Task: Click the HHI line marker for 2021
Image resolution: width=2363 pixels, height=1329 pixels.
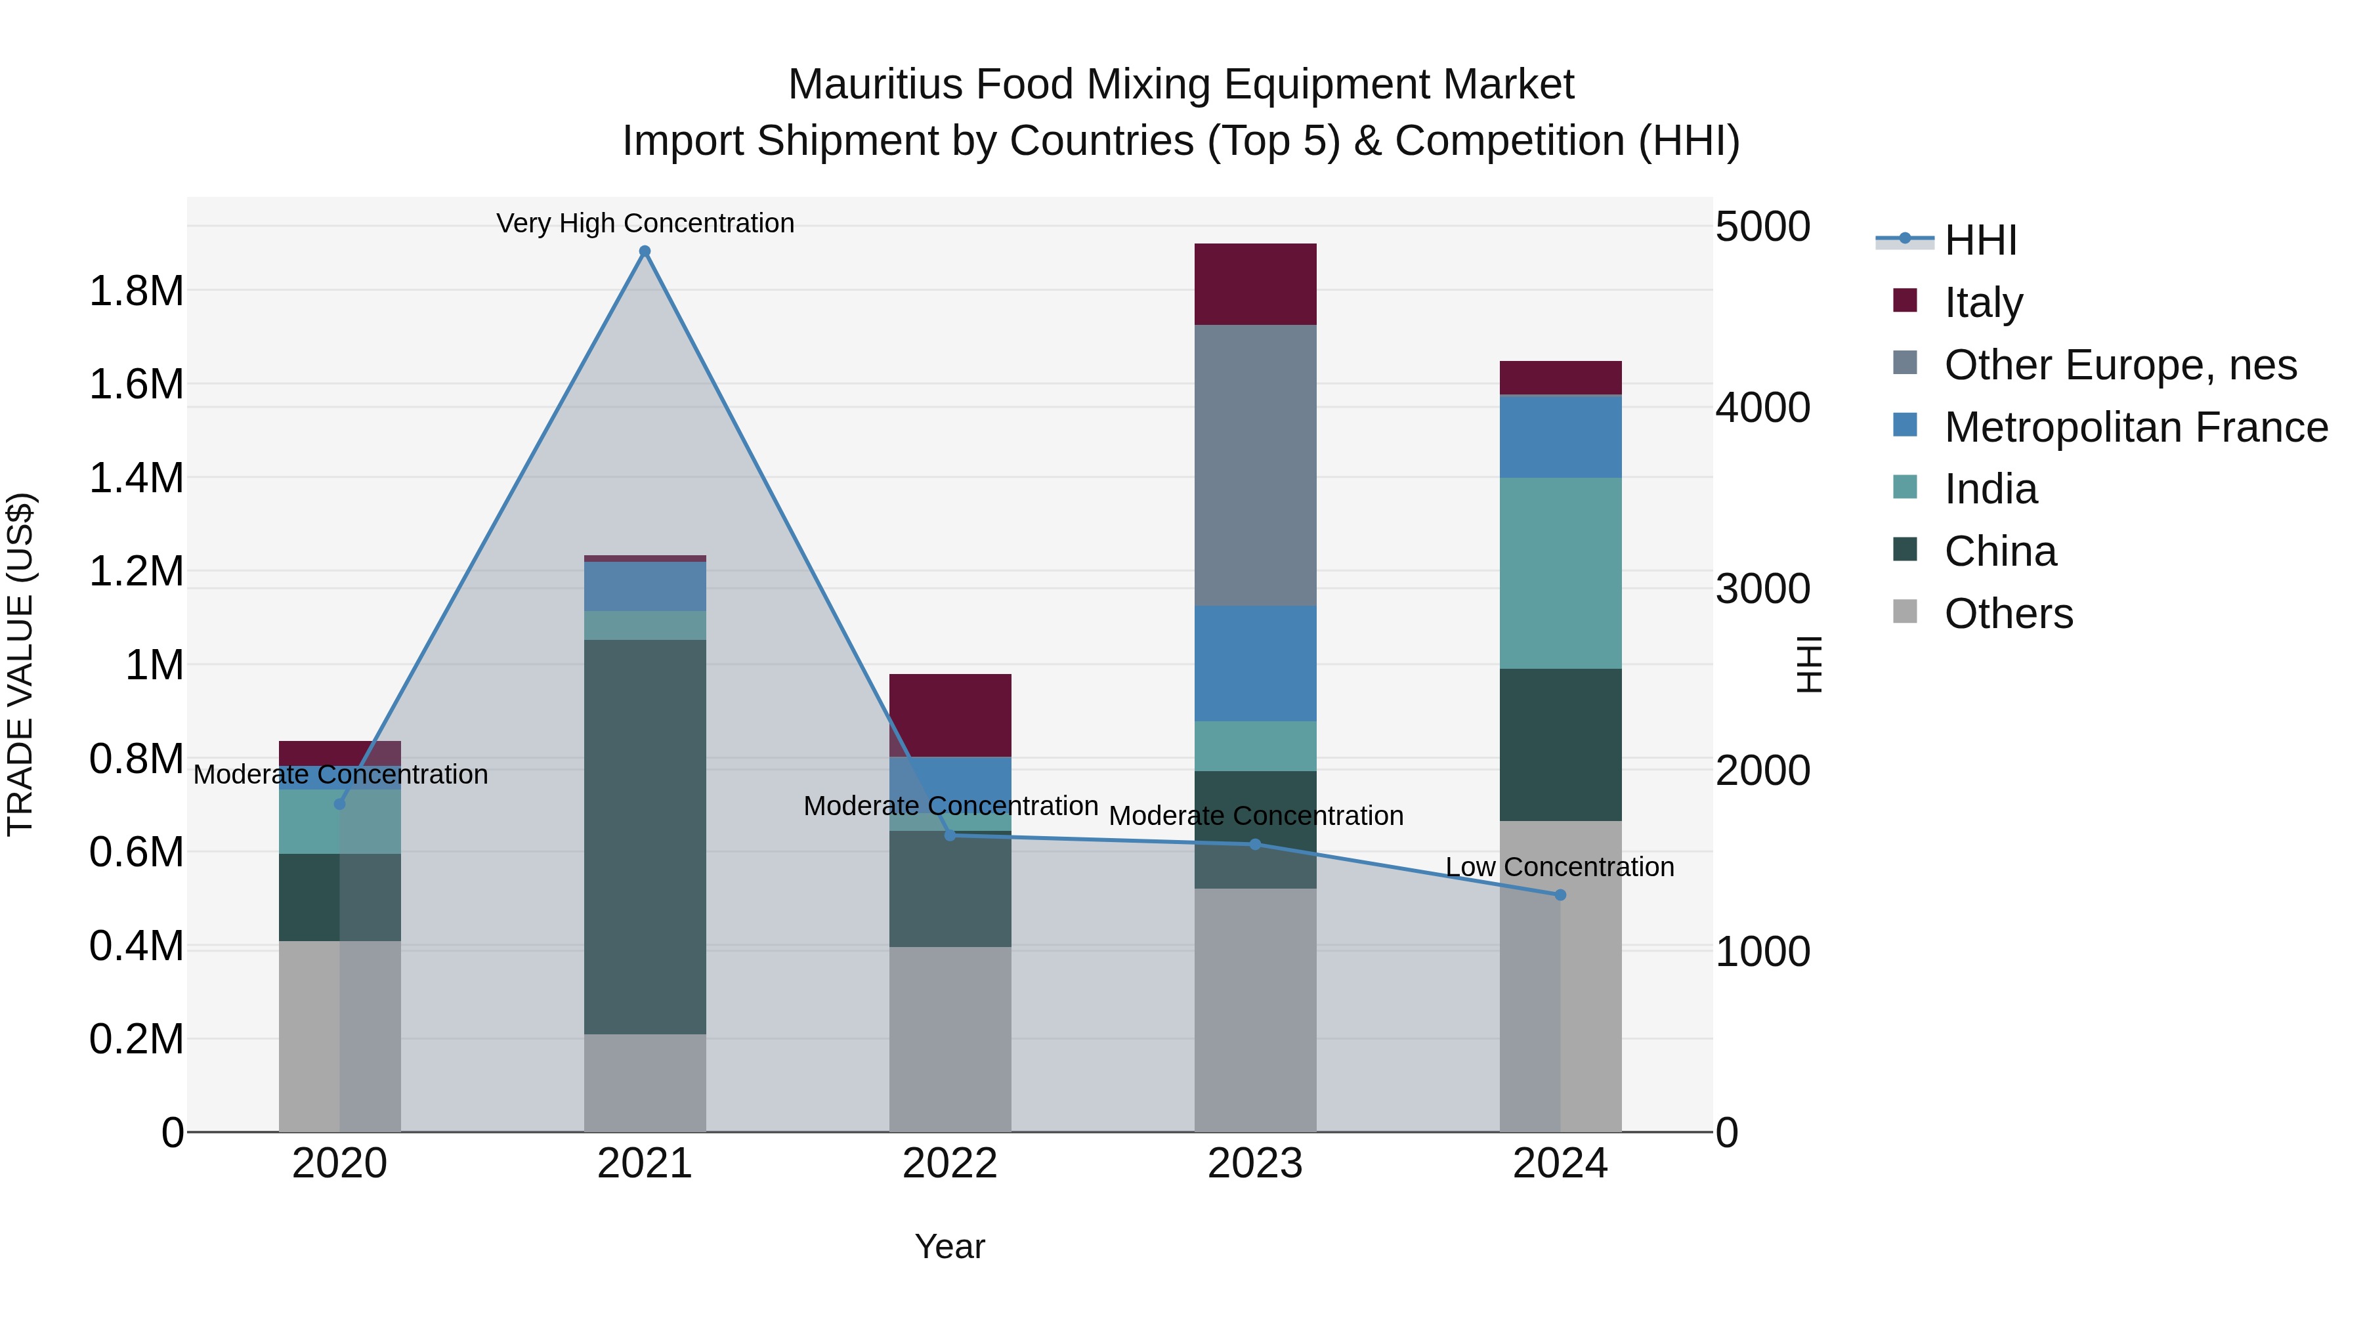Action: point(645,251)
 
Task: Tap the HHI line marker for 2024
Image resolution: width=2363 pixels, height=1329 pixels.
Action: point(1560,895)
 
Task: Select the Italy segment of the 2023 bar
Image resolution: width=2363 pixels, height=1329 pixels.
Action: point(1255,284)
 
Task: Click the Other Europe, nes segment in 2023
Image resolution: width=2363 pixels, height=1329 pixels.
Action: point(1255,465)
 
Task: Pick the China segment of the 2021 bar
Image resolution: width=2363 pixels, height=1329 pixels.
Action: point(645,837)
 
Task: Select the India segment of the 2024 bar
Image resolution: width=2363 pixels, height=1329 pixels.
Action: point(1560,572)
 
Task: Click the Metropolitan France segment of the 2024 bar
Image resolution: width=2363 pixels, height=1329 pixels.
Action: point(1560,436)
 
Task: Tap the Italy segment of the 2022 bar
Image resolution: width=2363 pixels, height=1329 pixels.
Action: point(950,715)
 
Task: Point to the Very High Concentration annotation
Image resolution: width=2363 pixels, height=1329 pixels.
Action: point(645,223)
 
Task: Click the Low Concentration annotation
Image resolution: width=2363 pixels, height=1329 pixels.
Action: point(1560,867)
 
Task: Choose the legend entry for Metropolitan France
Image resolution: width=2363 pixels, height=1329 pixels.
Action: point(2135,427)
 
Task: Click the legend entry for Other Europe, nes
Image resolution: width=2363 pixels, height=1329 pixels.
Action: point(2120,365)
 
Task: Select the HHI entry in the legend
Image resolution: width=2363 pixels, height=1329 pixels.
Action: point(1980,240)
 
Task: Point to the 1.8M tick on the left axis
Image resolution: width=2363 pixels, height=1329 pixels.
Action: point(136,291)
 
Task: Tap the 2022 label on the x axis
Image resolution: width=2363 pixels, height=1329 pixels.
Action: point(950,1164)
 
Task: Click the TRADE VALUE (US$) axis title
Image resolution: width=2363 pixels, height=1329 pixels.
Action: point(20,664)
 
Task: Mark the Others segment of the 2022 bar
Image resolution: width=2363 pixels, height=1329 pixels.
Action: point(950,1038)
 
